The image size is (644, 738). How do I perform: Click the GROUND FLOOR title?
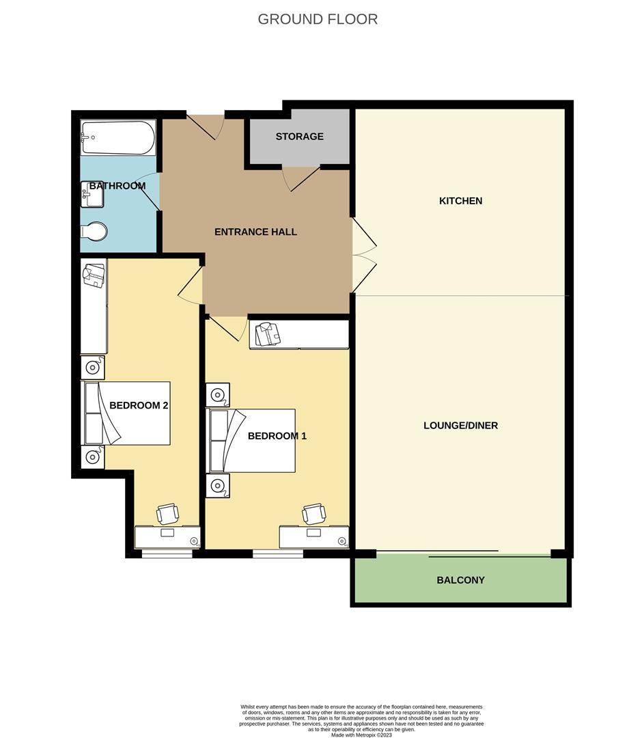pyautogui.click(x=318, y=19)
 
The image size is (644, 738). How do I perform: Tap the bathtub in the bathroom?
pyautogui.click(x=117, y=137)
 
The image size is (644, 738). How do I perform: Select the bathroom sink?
pyautogui.click(x=92, y=194)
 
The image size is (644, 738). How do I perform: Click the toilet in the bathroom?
pyautogui.click(x=94, y=232)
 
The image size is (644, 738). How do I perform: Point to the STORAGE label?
pyautogui.click(x=299, y=137)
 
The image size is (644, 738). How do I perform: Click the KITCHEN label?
pyautogui.click(x=460, y=201)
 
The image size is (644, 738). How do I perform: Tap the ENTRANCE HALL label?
pyautogui.click(x=255, y=232)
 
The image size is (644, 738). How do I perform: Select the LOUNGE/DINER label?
pyautogui.click(x=460, y=425)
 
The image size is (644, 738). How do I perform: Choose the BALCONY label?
pyautogui.click(x=460, y=580)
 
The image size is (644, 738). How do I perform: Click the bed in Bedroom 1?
pyautogui.click(x=252, y=441)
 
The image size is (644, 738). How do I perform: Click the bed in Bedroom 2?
pyautogui.click(x=127, y=413)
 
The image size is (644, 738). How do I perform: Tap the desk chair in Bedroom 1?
pyautogui.click(x=313, y=513)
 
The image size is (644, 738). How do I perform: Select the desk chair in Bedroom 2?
pyautogui.click(x=167, y=513)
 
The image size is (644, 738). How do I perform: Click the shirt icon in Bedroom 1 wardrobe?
pyautogui.click(x=268, y=335)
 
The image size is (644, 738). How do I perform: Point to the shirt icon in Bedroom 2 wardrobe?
pyautogui.click(x=93, y=275)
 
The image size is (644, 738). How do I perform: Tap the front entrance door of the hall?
pyautogui.click(x=206, y=125)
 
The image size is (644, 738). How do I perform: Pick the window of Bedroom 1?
pyautogui.click(x=277, y=553)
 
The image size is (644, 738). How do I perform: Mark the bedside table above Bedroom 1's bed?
pyautogui.click(x=218, y=394)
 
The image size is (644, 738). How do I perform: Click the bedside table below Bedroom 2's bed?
pyautogui.click(x=92, y=456)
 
